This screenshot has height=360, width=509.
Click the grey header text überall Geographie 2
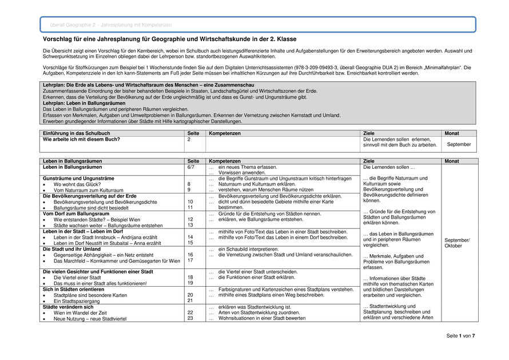click(x=111, y=25)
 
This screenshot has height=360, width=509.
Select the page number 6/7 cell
click(x=191, y=168)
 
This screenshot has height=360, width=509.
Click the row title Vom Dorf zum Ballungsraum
click(x=76, y=213)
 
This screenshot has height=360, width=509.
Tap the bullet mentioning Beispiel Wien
click(x=97, y=219)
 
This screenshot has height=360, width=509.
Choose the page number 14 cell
click(x=190, y=237)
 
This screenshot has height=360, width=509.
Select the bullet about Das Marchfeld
click(x=117, y=260)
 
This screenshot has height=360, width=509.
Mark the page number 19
click(x=190, y=283)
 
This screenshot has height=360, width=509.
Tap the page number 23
click(x=190, y=318)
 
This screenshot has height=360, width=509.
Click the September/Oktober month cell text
click(x=457, y=243)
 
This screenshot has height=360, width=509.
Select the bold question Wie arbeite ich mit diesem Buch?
click(x=82, y=139)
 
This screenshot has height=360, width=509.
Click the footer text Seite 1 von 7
click(x=460, y=335)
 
